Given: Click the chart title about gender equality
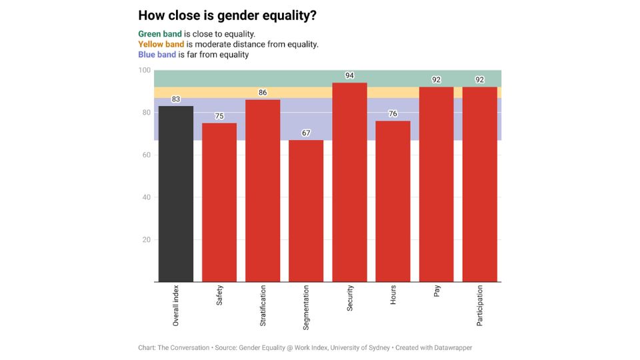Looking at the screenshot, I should tap(227, 15).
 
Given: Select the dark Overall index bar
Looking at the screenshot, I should tap(176, 193).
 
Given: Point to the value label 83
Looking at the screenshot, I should tap(176, 99).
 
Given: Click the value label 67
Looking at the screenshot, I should tap(306, 133).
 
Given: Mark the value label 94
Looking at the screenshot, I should tap(349, 76).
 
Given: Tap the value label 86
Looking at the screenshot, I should tap(263, 93).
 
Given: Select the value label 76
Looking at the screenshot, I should tap(393, 114).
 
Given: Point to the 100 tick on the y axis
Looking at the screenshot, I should tap(145, 71).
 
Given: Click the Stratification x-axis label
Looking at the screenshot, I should tap(263, 306).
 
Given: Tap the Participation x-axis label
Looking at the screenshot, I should tap(479, 306).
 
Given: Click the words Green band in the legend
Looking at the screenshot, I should tap(160, 34).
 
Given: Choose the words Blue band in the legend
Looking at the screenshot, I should tap(157, 55).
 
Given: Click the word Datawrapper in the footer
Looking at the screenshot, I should tap(449, 347).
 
